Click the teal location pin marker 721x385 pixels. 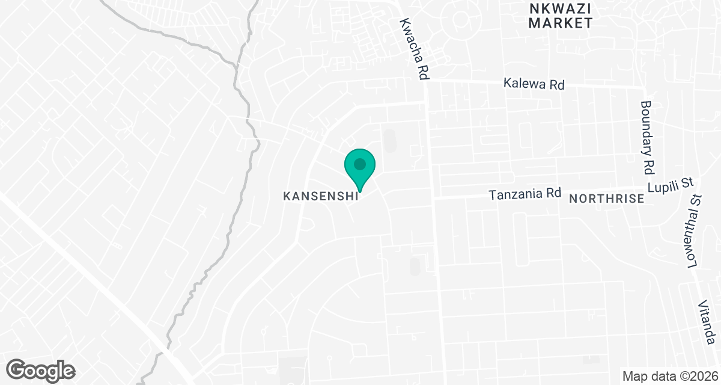pos(360,168)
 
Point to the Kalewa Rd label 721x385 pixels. pos(534,85)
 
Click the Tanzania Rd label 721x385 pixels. pos(525,194)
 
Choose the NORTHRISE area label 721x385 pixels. pos(606,199)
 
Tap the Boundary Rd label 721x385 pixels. pos(648,137)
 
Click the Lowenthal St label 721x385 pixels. pos(691,232)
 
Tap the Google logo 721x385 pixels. pos(41,369)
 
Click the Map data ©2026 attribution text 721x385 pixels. pos(669,377)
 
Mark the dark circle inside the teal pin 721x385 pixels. pos(360,163)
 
